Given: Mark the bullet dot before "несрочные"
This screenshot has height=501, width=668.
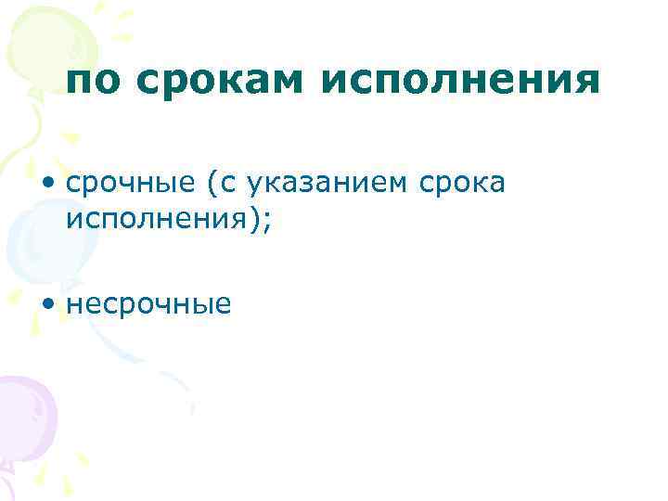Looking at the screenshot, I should pyautogui.click(x=47, y=303).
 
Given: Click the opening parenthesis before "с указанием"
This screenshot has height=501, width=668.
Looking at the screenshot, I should pyautogui.click(x=212, y=186).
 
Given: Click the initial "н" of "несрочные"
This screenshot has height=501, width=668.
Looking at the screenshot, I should pyautogui.click(x=74, y=304).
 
